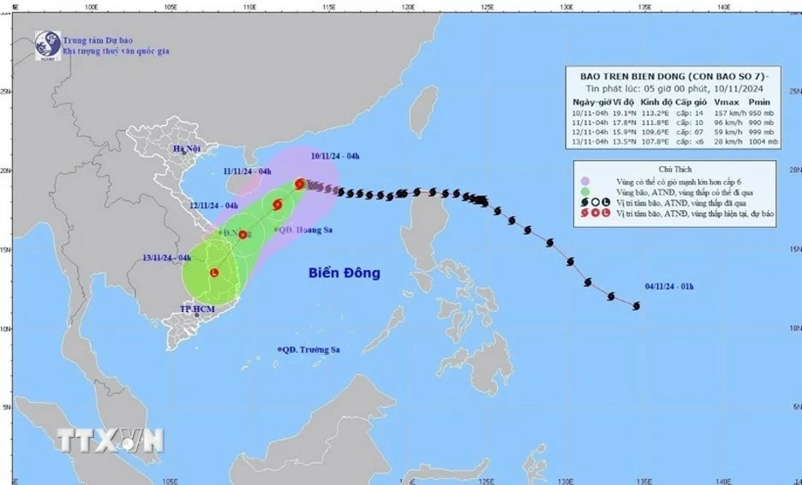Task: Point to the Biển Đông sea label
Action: (x=344, y=273)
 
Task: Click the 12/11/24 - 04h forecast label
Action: (x=214, y=206)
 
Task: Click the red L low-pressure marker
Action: (x=212, y=272)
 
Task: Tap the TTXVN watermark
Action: (x=111, y=440)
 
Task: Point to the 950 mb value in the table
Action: (x=763, y=111)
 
